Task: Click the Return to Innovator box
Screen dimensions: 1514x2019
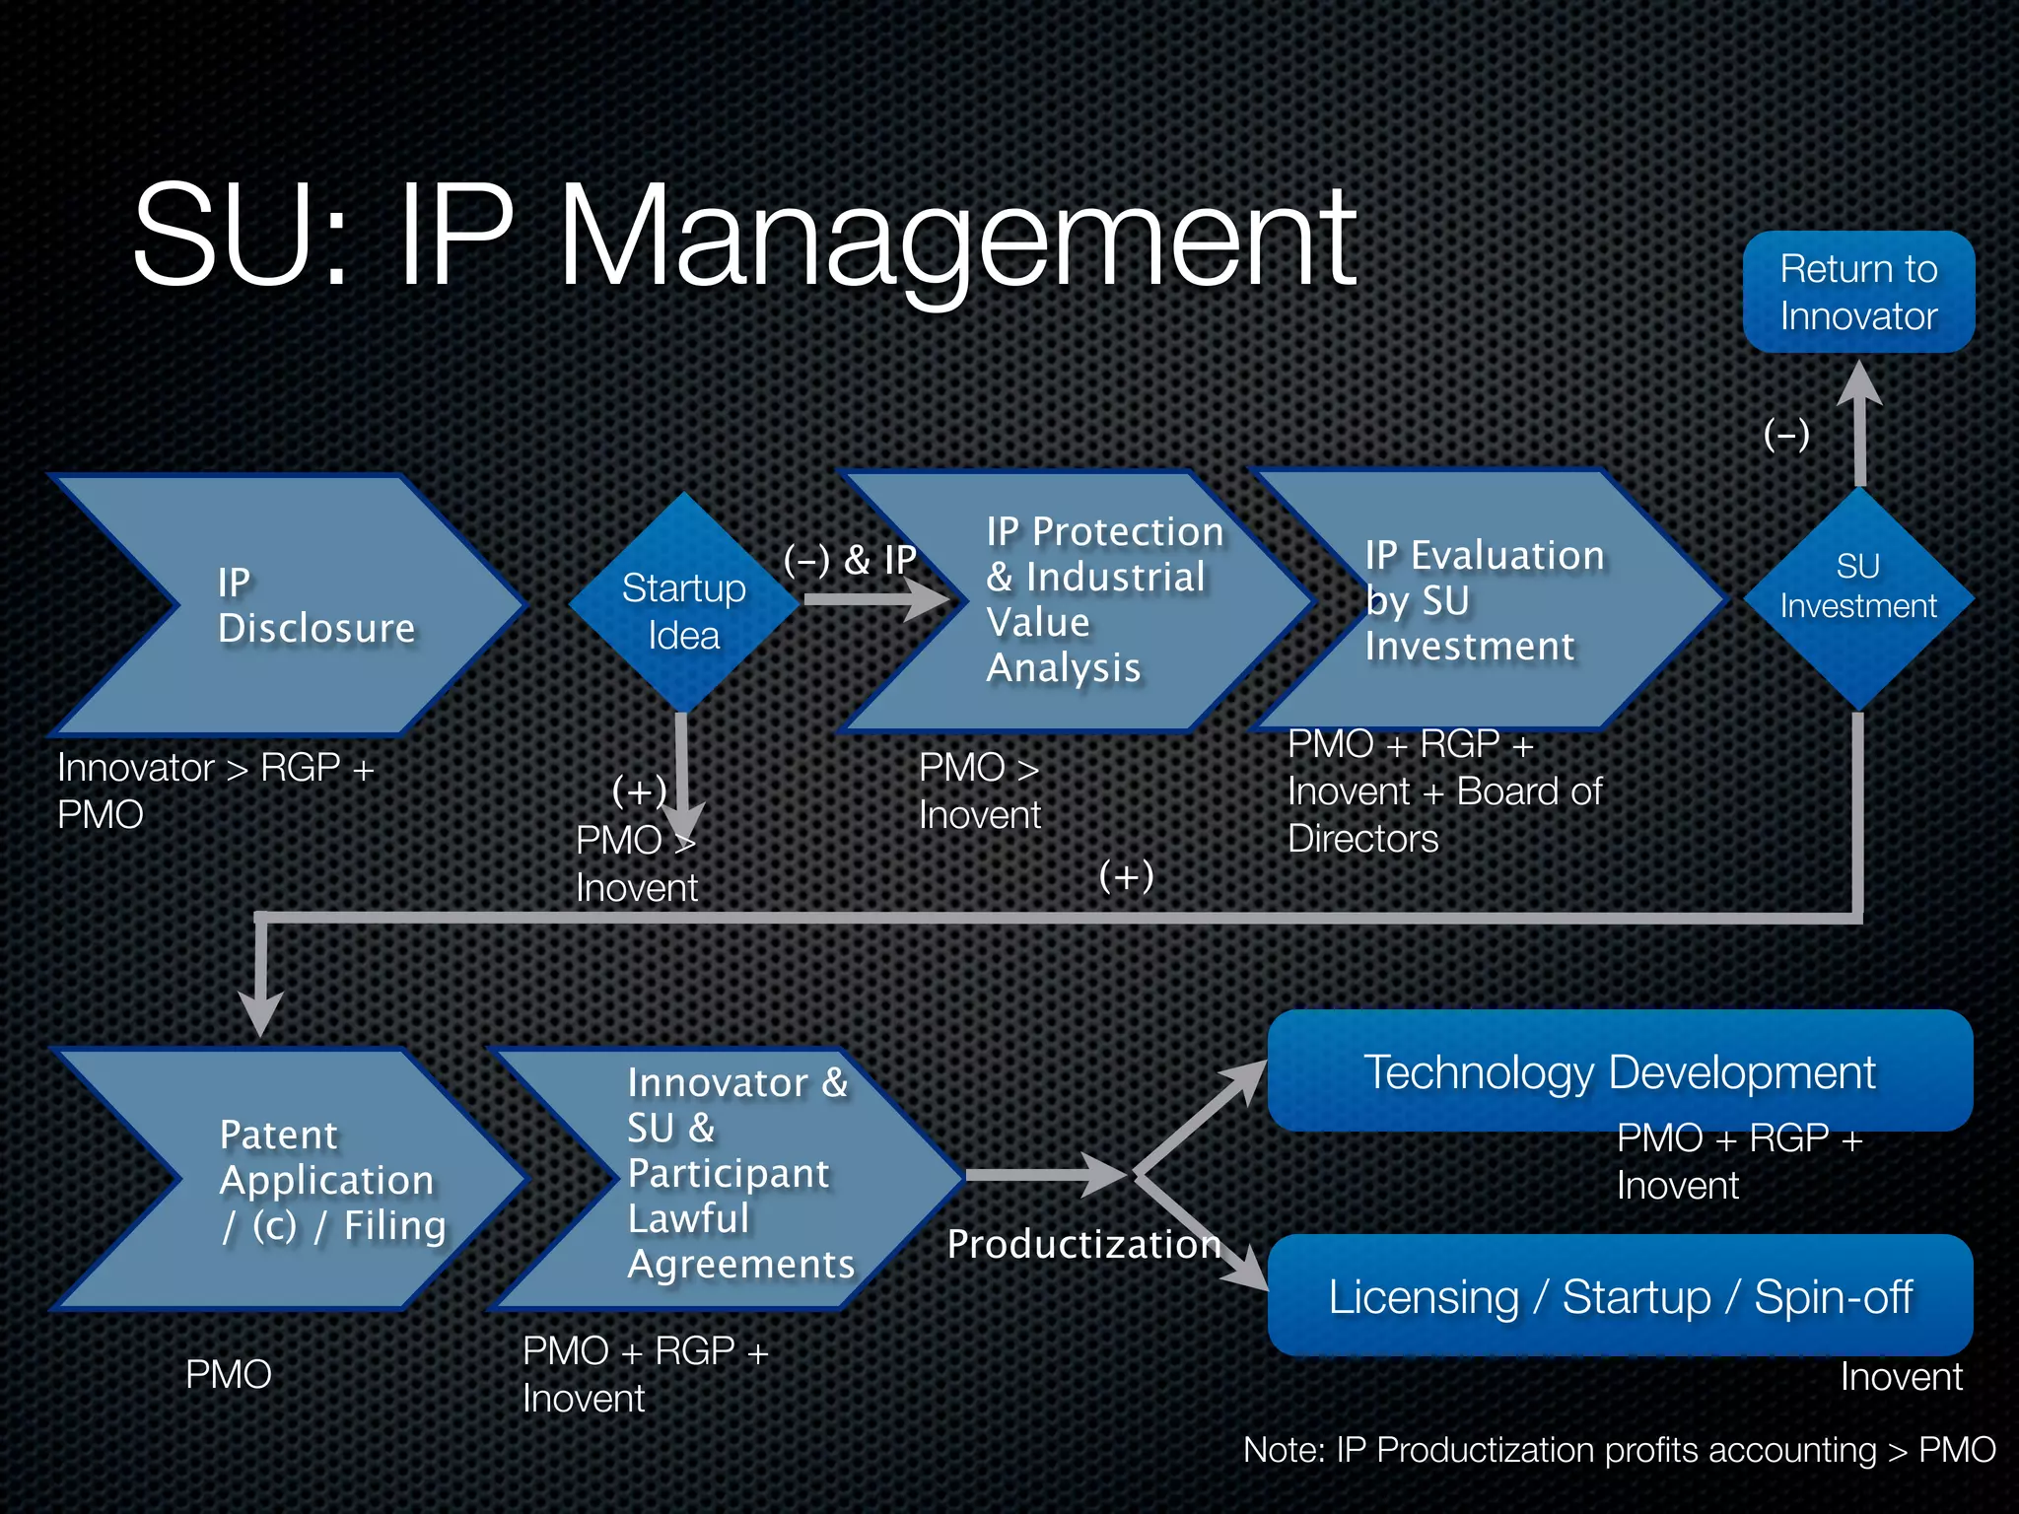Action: click(1858, 292)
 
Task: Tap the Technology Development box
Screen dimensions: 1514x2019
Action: click(1619, 1071)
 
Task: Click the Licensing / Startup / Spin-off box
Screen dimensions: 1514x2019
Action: click(1619, 1295)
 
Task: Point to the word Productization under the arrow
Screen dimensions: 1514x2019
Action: click(1083, 1244)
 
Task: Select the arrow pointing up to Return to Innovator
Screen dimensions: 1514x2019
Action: click(1859, 424)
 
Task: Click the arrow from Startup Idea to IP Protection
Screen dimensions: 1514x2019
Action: click(872, 597)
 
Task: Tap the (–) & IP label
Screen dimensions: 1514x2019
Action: click(850, 560)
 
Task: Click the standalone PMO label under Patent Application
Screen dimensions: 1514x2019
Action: click(228, 1374)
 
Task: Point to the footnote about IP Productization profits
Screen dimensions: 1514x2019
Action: click(1619, 1450)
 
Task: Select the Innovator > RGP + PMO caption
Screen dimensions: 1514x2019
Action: click(215, 791)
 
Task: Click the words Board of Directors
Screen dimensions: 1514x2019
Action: click(1444, 814)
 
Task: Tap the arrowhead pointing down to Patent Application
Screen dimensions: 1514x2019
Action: click(261, 1010)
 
